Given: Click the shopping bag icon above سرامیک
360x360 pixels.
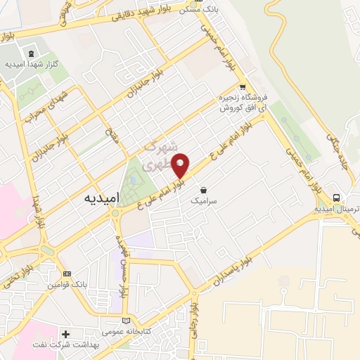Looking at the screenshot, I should click(x=203, y=190).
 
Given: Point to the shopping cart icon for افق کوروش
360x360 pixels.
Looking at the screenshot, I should click(x=243, y=87).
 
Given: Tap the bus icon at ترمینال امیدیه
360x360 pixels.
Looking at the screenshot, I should click(x=337, y=198).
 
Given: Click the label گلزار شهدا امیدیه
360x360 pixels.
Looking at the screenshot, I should click(x=31, y=65).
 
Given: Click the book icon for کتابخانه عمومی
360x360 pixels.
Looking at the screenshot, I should click(x=127, y=321).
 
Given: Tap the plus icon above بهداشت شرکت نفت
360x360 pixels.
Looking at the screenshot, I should click(x=66, y=334).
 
